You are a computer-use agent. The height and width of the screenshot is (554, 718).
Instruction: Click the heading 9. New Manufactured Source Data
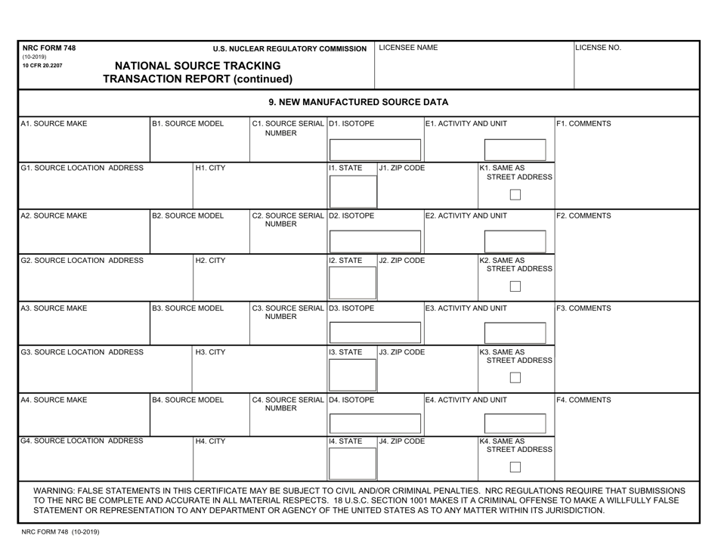(358, 102)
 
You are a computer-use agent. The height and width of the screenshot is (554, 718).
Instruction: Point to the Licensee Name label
(408, 48)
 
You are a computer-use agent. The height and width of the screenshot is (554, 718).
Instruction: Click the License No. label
(599, 48)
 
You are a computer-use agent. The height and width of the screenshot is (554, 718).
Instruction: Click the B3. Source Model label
(188, 308)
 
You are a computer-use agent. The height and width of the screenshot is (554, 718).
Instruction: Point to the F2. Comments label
(583, 215)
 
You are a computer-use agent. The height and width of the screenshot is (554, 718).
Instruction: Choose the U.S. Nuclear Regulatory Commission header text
(289, 49)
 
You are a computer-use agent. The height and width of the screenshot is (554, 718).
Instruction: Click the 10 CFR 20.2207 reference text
(43, 66)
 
